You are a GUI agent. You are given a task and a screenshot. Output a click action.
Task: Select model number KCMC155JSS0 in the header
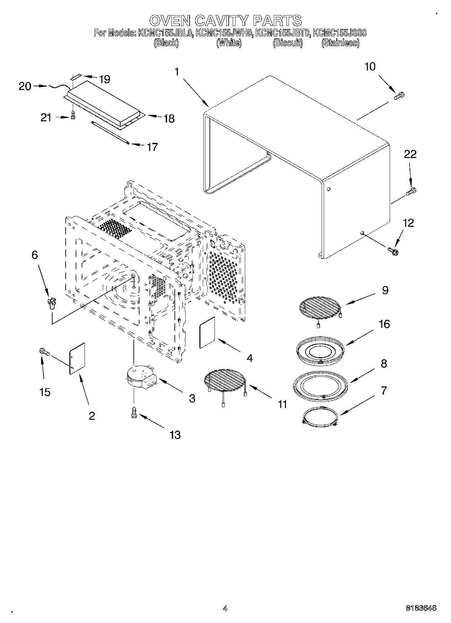pos(339,33)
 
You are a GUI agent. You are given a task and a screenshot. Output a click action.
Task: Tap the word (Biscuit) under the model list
pos(288,43)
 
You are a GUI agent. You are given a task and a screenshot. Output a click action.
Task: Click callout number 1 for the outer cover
pos(178,72)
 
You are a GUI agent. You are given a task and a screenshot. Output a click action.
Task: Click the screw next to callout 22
pos(412,191)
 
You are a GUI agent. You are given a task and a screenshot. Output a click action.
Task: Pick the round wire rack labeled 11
pos(224,379)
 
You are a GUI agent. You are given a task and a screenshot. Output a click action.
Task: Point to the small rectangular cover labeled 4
pos(208,332)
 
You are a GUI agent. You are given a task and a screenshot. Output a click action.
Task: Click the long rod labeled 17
pos(110,133)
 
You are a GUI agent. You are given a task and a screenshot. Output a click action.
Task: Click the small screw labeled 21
pos(73,116)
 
